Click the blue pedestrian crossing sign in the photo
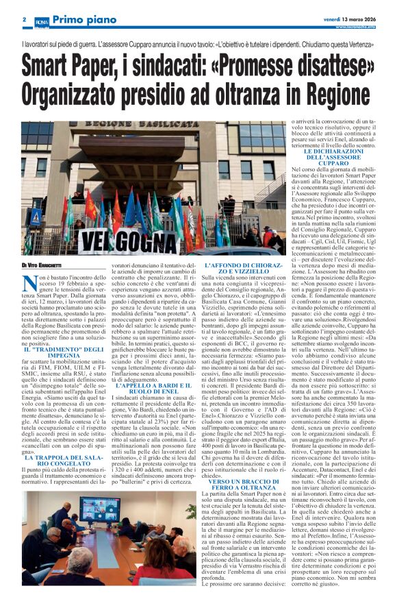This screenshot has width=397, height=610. pyautogui.click(x=35, y=218)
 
